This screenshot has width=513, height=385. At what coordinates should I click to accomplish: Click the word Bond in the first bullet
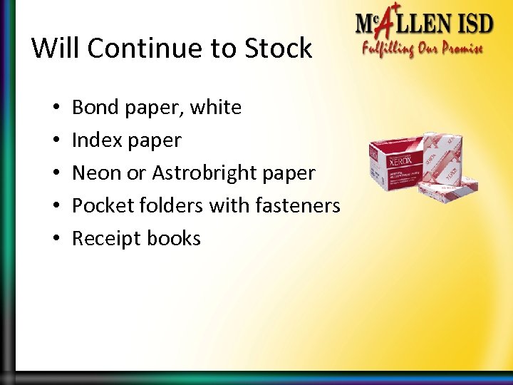coord(95,108)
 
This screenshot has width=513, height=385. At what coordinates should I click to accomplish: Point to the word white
coord(215,108)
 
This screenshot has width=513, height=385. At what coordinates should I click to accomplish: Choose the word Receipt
coord(104,239)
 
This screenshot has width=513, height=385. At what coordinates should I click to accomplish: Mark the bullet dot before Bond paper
coord(55,108)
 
